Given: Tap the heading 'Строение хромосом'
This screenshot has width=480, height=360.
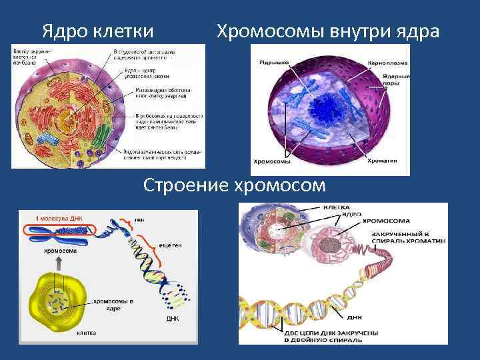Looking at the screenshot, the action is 235,185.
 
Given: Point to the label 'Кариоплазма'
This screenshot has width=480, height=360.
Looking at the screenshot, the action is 386,63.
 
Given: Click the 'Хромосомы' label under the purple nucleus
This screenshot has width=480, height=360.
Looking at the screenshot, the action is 272,161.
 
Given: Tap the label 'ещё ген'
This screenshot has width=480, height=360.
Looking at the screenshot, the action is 169,245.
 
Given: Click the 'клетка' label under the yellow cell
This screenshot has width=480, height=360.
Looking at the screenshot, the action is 87,332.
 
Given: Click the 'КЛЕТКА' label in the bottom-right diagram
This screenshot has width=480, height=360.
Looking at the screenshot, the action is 337,207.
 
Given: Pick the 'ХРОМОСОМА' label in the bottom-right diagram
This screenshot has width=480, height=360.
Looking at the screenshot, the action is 387,221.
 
